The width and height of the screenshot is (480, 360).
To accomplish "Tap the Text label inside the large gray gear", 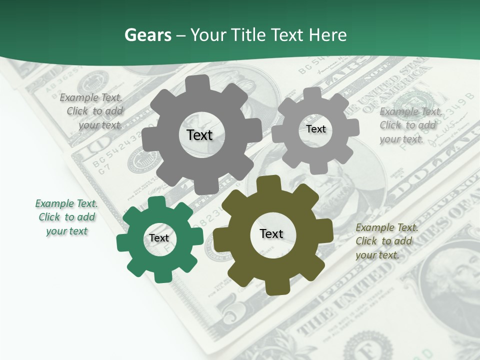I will [199, 135].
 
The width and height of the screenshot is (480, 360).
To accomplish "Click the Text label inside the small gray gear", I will [315, 129].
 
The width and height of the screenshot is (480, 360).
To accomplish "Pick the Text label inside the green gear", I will [159, 238].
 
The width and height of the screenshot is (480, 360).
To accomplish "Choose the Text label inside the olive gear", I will [271, 233].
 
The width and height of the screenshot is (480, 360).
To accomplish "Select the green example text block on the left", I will [66, 217].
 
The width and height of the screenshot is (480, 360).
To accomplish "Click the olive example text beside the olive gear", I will [386, 241].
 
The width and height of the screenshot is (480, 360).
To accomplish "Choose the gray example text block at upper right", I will [410, 125].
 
